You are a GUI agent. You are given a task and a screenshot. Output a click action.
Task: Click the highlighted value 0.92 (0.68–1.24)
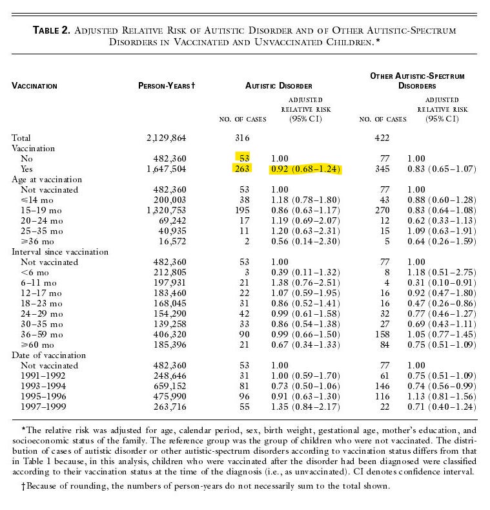[306, 169]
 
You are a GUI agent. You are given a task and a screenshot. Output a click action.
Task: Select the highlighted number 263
[241, 169]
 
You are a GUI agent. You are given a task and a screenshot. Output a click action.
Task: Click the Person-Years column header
[167, 86]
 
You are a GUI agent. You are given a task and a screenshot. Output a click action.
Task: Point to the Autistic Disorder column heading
[279, 86]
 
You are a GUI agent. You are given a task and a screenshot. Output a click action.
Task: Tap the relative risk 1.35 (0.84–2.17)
[306, 407]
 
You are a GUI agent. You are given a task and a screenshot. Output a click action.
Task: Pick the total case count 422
[383, 138]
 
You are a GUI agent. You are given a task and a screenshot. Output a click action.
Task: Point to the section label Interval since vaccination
[61, 252]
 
